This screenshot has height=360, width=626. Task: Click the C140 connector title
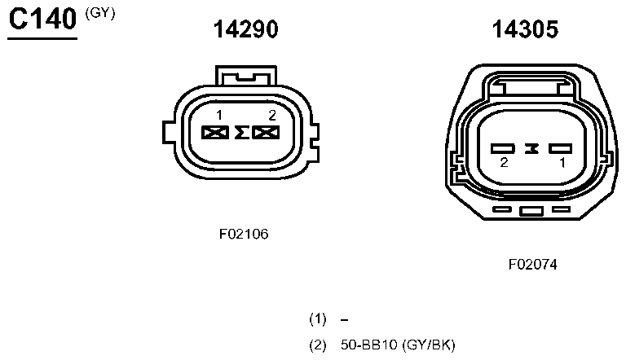coord(42,21)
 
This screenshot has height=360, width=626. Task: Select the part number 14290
coord(245,30)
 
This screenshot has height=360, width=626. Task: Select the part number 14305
coord(524,30)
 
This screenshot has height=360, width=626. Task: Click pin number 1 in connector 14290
coord(219,116)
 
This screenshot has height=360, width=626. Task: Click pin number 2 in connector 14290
coord(272,116)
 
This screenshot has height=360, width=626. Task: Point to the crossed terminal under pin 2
coord(266,133)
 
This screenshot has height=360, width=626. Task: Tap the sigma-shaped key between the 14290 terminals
coord(240,133)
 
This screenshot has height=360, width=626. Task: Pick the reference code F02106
coord(244,234)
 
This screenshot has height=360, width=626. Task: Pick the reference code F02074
coord(532,264)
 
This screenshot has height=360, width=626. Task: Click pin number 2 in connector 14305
coord(505,163)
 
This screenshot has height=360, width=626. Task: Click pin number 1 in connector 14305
coord(562,163)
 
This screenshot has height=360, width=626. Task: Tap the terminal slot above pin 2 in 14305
coord(504,148)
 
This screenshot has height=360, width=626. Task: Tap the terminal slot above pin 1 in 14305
coord(561,148)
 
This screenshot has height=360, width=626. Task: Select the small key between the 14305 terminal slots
coord(532,148)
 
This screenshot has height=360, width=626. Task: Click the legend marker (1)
coord(318,318)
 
